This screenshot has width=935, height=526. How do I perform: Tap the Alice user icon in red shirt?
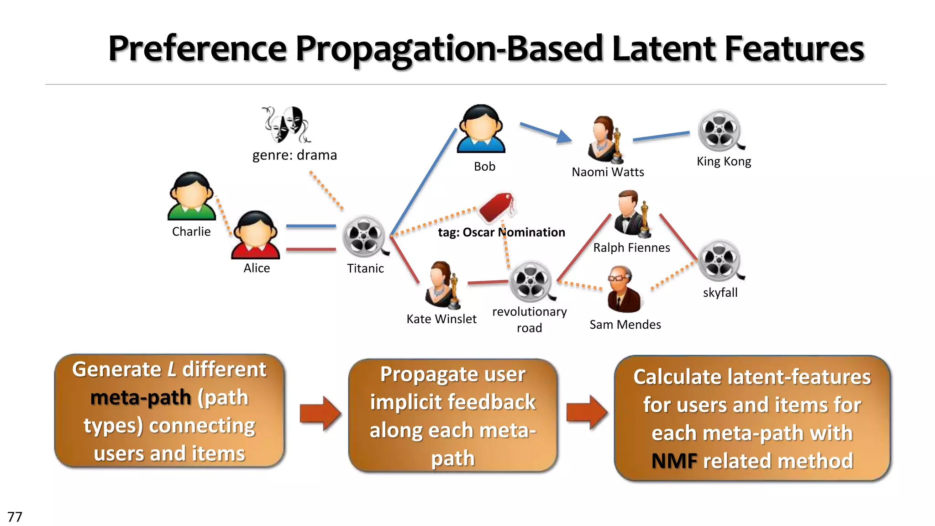click(256, 235)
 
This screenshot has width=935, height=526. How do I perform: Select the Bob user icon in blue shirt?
click(481, 129)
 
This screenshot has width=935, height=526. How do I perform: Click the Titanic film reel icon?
click(365, 237)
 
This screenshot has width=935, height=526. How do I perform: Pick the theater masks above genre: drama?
click(286, 124)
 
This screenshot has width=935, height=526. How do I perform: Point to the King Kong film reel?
click(720, 131)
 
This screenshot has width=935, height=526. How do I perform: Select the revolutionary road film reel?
click(531, 282)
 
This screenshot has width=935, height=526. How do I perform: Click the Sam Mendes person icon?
click(623, 289)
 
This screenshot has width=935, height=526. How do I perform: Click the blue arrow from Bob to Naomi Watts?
click(546, 132)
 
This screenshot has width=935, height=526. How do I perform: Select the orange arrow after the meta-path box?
click(320, 413)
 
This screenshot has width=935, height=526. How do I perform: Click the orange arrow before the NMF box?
click(586, 412)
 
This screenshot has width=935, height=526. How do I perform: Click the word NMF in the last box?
click(674, 461)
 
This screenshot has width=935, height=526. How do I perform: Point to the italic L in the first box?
click(172, 369)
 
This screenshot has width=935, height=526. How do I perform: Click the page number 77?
click(15, 517)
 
